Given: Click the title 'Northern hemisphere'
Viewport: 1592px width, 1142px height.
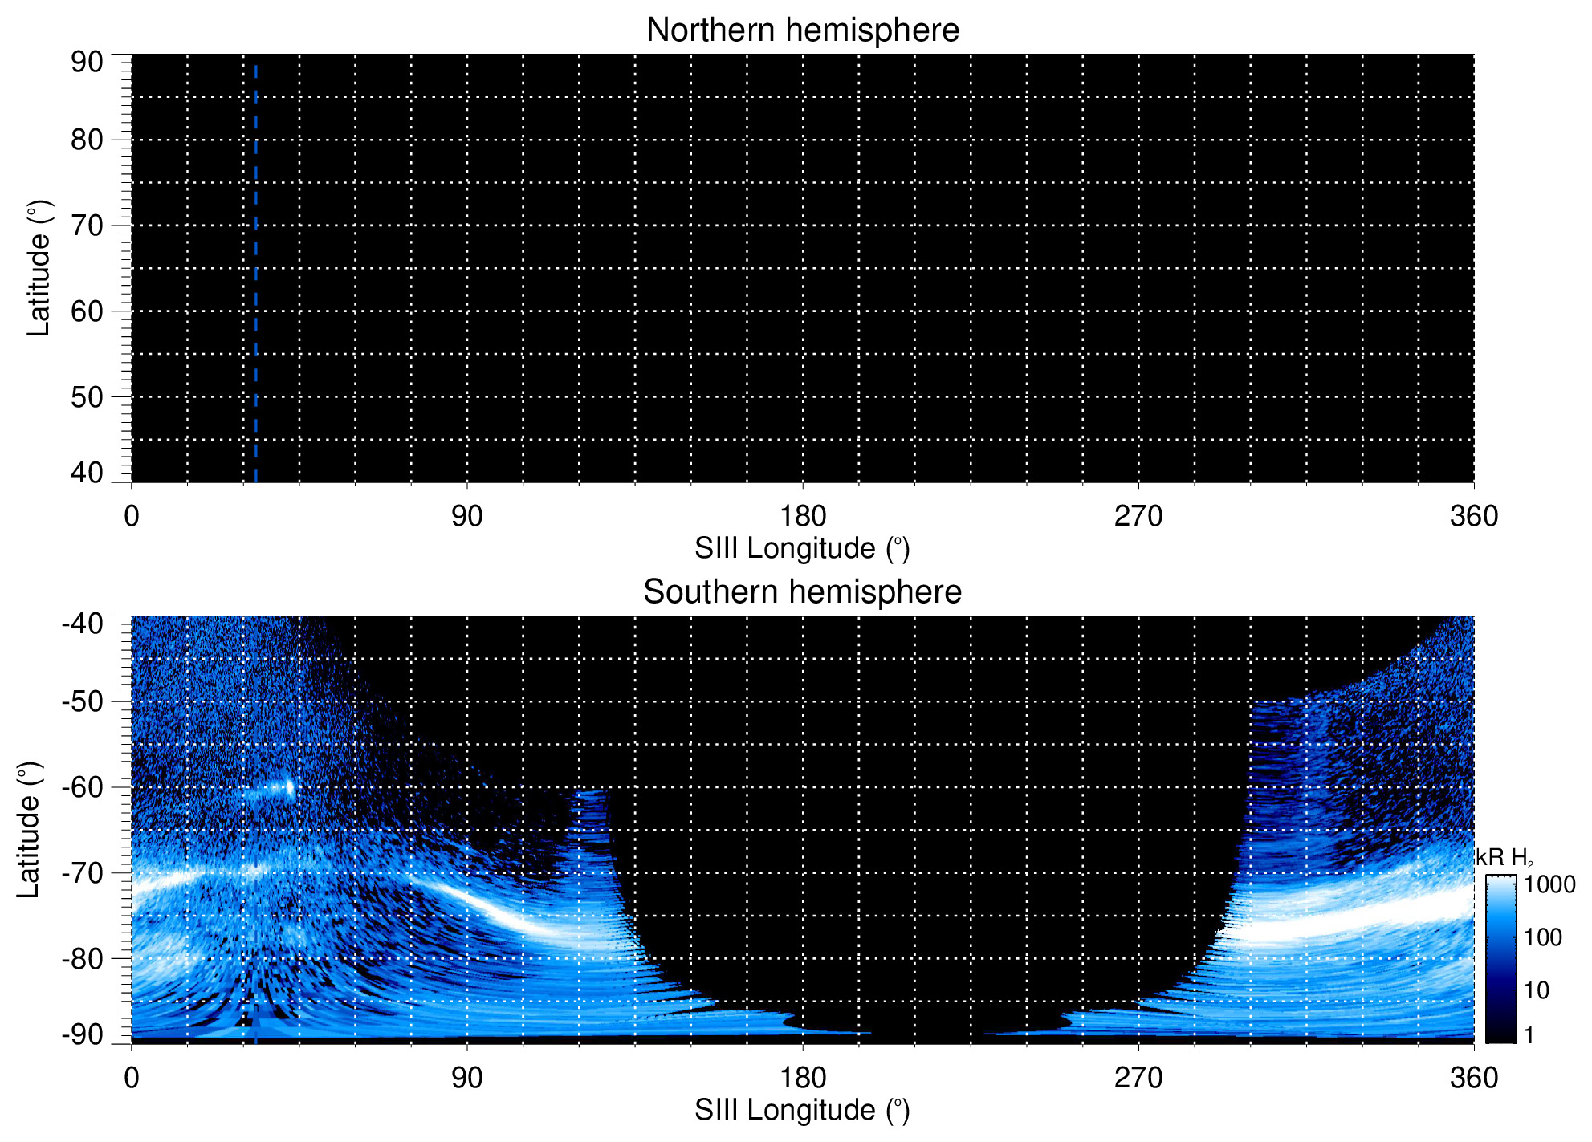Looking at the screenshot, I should tap(802, 30).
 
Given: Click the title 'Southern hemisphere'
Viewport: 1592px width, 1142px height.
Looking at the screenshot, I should tap(802, 592).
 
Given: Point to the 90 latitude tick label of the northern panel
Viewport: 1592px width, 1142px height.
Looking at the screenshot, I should tap(87, 63).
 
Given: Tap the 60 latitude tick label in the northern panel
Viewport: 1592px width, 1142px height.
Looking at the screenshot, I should tap(87, 311).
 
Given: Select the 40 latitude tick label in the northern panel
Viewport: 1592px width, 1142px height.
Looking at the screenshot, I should tap(87, 473).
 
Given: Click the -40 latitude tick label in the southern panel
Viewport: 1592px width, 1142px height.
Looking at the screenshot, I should tap(82, 624).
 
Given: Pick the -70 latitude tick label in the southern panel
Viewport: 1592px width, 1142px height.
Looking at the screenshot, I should tap(82, 872).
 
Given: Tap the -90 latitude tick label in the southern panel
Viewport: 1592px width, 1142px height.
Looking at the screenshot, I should tap(82, 1034).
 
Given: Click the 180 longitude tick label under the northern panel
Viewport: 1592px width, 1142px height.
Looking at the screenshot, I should tap(803, 516).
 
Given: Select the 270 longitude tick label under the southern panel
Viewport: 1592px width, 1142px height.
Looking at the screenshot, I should tap(1138, 1078).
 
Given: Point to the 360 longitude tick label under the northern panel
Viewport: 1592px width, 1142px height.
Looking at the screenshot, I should tap(1474, 516).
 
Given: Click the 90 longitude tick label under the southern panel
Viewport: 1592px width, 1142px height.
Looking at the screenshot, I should tap(466, 1078).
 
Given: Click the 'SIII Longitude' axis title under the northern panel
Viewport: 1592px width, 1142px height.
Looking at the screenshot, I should tap(802, 549).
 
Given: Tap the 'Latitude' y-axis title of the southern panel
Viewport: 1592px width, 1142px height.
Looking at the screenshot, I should tap(29, 831).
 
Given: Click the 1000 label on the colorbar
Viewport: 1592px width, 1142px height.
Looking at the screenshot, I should tap(1549, 885).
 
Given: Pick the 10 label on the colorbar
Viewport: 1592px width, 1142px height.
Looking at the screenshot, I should tap(1537, 990).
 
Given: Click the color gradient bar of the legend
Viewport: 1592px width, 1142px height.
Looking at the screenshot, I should tap(1500, 959).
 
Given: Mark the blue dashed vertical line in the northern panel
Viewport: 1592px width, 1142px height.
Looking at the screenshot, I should tap(255, 273).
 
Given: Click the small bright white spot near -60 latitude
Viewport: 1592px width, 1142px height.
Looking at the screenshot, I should tap(289, 788).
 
